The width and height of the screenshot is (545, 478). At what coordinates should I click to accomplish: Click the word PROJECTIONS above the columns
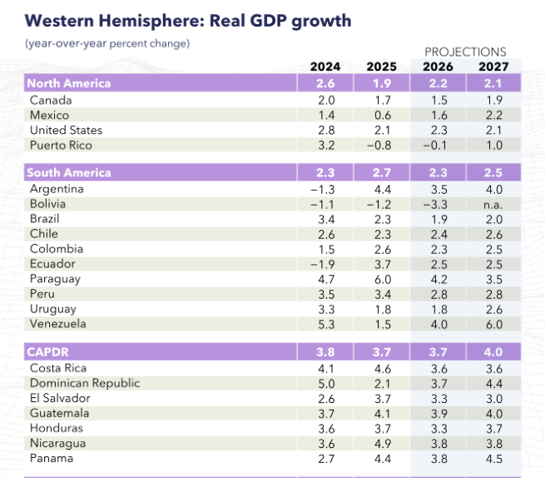(x=465, y=52)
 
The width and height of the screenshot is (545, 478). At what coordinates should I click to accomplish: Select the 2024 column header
(x=325, y=67)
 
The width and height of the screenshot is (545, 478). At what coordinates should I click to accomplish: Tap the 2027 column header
(x=494, y=67)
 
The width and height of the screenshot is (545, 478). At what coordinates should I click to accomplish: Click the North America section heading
(x=69, y=83)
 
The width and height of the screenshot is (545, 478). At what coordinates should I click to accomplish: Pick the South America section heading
(x=69, y=173)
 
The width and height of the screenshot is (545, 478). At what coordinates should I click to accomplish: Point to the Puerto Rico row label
(x=61, y=145)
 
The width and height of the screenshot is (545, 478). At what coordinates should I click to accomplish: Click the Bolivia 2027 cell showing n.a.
(x=494, y=203)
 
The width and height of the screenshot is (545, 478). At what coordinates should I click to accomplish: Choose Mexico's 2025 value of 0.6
(x=381, y=115)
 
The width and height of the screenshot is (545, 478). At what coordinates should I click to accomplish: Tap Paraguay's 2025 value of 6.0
(x=381, y=279)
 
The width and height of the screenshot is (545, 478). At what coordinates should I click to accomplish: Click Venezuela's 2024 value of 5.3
(x=325, y=324)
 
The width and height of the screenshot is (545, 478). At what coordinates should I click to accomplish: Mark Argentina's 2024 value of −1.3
(x=322, y=189)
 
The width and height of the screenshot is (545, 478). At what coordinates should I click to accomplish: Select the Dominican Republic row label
(x=85, y=383)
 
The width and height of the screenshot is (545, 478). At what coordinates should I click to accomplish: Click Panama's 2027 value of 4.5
(x=494, y=458)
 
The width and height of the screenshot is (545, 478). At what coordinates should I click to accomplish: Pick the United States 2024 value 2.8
(x=325, y=130)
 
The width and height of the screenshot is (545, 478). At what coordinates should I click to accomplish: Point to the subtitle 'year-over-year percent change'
(x=107, y=42)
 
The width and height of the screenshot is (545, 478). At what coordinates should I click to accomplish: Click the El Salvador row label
(x=60, y=398)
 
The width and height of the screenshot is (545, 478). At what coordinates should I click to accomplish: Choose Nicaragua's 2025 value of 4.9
(x=381, y=443)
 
